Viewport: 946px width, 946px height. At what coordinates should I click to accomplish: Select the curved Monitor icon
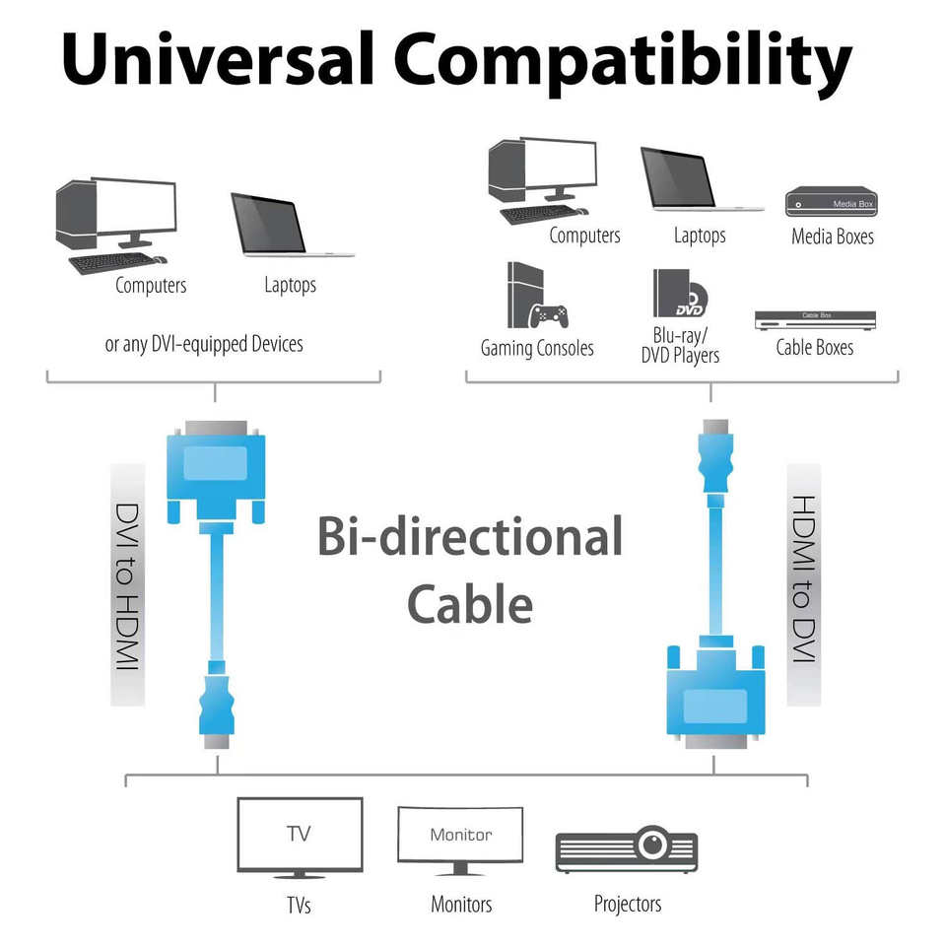460,840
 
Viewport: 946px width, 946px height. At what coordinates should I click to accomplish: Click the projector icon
627,847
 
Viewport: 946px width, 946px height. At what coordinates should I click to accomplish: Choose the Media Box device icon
831,202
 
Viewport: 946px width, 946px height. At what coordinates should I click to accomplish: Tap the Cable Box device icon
814,320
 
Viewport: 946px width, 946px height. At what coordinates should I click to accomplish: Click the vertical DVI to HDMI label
128,585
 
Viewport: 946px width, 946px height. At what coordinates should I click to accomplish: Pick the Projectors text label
628,903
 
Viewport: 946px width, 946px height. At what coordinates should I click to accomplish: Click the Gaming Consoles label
537,348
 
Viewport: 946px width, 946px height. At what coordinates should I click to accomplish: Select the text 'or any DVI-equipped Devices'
204,344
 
